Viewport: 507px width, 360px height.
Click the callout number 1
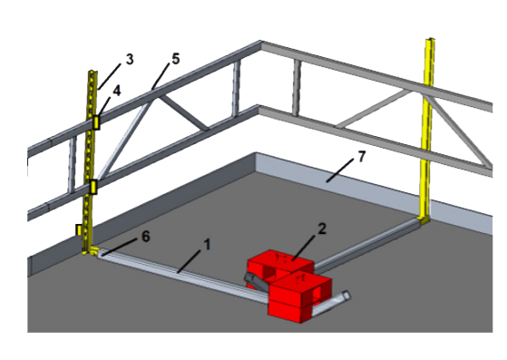click(207, 244)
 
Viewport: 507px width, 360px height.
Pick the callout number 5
click(175, 59)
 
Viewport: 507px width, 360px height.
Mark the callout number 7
click(361, 157)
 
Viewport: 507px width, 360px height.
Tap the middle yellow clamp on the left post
click(93, 188)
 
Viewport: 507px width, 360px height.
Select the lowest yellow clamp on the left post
click(79, 229)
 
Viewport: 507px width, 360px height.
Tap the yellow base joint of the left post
click(91, 250)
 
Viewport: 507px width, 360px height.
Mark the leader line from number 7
click(343, 168)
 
